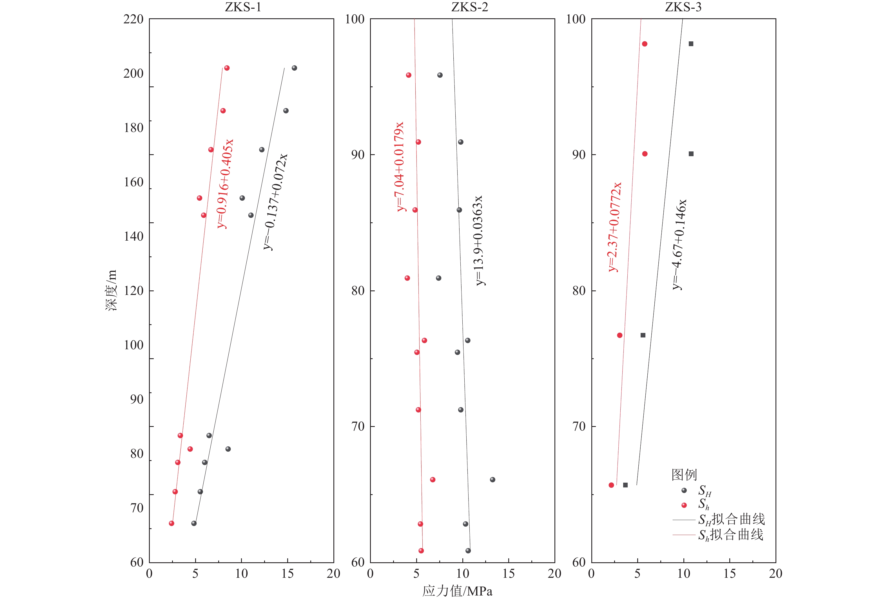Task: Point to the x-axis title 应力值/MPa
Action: (x=457, y=591)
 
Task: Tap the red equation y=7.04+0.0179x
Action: (x=400, y=166)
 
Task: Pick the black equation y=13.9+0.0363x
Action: (x=479, y=240)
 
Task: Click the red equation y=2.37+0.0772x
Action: (x=614, y=227)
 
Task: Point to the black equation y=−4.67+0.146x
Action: (x=679, y=244)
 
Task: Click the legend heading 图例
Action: (x=684, y=474)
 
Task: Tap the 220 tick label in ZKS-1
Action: (x=133, y=19)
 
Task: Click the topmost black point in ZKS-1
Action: (x=294, y=68)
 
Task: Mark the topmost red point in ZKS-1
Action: (x=227, y=68)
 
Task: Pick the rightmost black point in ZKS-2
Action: (x=492, y=480)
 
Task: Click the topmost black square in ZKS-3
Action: (x=691, y=44)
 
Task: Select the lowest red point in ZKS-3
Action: (x=611, y=485)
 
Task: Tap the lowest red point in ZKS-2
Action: (x=421, y=550)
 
